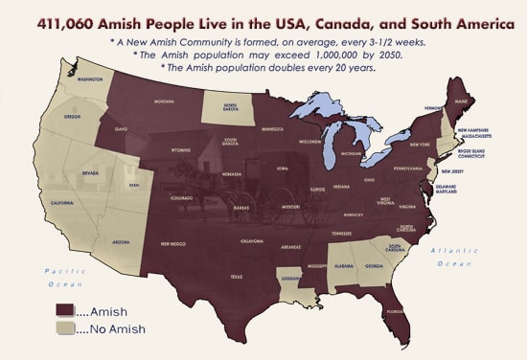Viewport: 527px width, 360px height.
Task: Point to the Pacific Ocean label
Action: tap(66, 278)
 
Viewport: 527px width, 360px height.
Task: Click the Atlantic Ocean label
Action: tap(451, 256)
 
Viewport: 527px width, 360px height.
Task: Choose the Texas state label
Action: tap(237, 278)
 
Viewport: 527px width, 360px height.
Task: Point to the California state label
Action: tap(63, 203)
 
